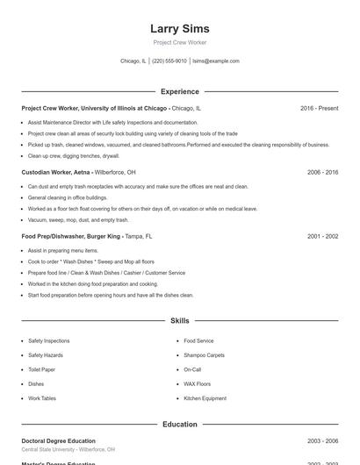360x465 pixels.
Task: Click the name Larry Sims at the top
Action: (179, 29)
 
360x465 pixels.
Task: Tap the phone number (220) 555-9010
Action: (169, 61)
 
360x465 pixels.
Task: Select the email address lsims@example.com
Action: (216, 61)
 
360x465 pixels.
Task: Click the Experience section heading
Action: (179, 91)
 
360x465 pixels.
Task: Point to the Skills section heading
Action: (179, 321)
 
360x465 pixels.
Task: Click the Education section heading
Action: (179, 424)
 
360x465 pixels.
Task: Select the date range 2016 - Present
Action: (319, 108)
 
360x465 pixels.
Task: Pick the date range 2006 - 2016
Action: (322, 172)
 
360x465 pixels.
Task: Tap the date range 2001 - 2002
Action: (322, 236)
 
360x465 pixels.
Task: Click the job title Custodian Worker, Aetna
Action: (56, 172)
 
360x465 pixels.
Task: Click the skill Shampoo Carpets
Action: (204, 355)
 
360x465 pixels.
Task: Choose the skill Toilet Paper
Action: (42, 369)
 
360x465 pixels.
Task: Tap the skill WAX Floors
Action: (197, 383)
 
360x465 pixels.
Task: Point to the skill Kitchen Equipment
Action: (205, 398)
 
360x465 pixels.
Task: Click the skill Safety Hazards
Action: (46, 355)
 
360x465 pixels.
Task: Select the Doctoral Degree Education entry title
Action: (58, 440)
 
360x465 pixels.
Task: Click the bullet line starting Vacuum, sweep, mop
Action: (78, 219)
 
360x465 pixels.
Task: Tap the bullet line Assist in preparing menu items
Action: (63, 250)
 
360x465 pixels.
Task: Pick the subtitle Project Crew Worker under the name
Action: (179, 42)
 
